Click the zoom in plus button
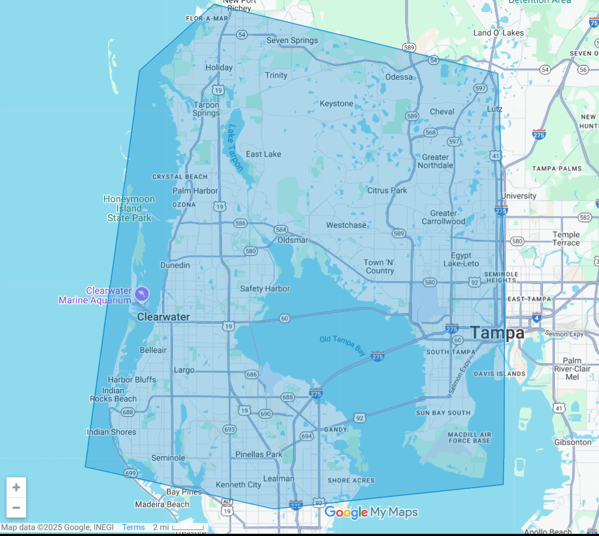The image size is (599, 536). [16, 488]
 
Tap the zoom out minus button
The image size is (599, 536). [16, 508]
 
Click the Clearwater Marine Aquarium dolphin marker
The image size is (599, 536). [143, 294]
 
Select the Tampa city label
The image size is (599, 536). [497, 333]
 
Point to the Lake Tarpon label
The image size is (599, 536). [236, 148]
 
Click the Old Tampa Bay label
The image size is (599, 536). [343, 346]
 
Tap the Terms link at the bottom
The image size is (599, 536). [133, 527]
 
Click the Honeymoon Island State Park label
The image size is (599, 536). [129, 209]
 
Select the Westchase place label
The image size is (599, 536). [346, 225]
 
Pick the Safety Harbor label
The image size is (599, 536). [265, 289]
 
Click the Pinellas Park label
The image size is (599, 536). [259, 454]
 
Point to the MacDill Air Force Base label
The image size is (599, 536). [469, 438]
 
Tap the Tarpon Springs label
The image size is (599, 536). [206, 109]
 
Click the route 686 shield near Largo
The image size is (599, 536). [251, 375]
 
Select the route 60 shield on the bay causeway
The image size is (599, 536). [285, 318]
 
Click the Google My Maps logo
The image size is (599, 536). [371, 512]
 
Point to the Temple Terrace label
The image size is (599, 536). [566, 239]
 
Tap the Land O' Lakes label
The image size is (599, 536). [498, 33]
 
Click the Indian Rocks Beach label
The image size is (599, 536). [113, 395]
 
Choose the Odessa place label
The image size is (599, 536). [399, 77]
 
